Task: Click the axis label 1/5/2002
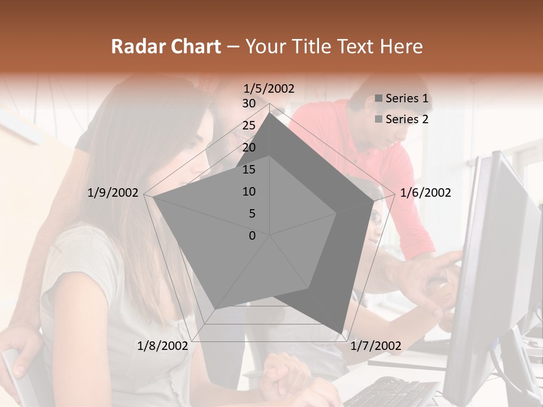(x=269, y=88)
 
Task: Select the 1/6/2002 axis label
(x=425, y=193)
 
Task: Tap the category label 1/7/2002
(x=376, y=345)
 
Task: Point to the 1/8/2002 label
(x=162, y=345)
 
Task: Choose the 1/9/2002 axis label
(x=113, y=193)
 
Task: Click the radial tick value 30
(x=249, y=103)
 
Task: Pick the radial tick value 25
(x=249, y=125)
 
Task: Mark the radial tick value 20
(x=249, y=148)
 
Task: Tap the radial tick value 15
(x=249, y=170)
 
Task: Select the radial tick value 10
(x=249, y=192)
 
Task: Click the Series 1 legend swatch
(x=378, y=99)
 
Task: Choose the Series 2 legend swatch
(x=378, y=119)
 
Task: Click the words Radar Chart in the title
(x=166, y=46)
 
